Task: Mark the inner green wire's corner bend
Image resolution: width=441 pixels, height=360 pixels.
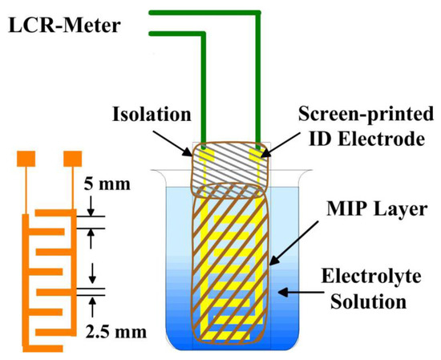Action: click(x=206, y=34)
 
